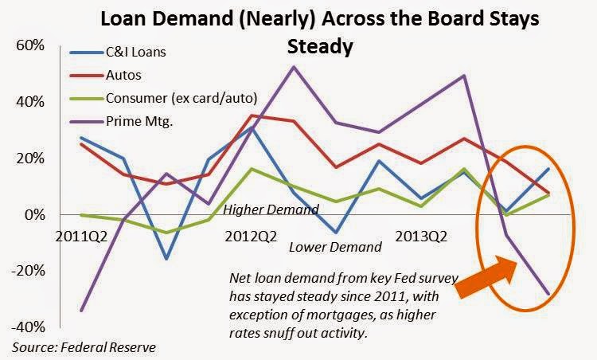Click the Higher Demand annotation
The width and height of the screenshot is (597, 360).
[271, 210]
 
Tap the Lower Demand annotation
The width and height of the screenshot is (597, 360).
[335, 247]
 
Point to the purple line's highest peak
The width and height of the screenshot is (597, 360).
[293, 66]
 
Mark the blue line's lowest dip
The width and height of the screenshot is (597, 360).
[166, 259]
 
